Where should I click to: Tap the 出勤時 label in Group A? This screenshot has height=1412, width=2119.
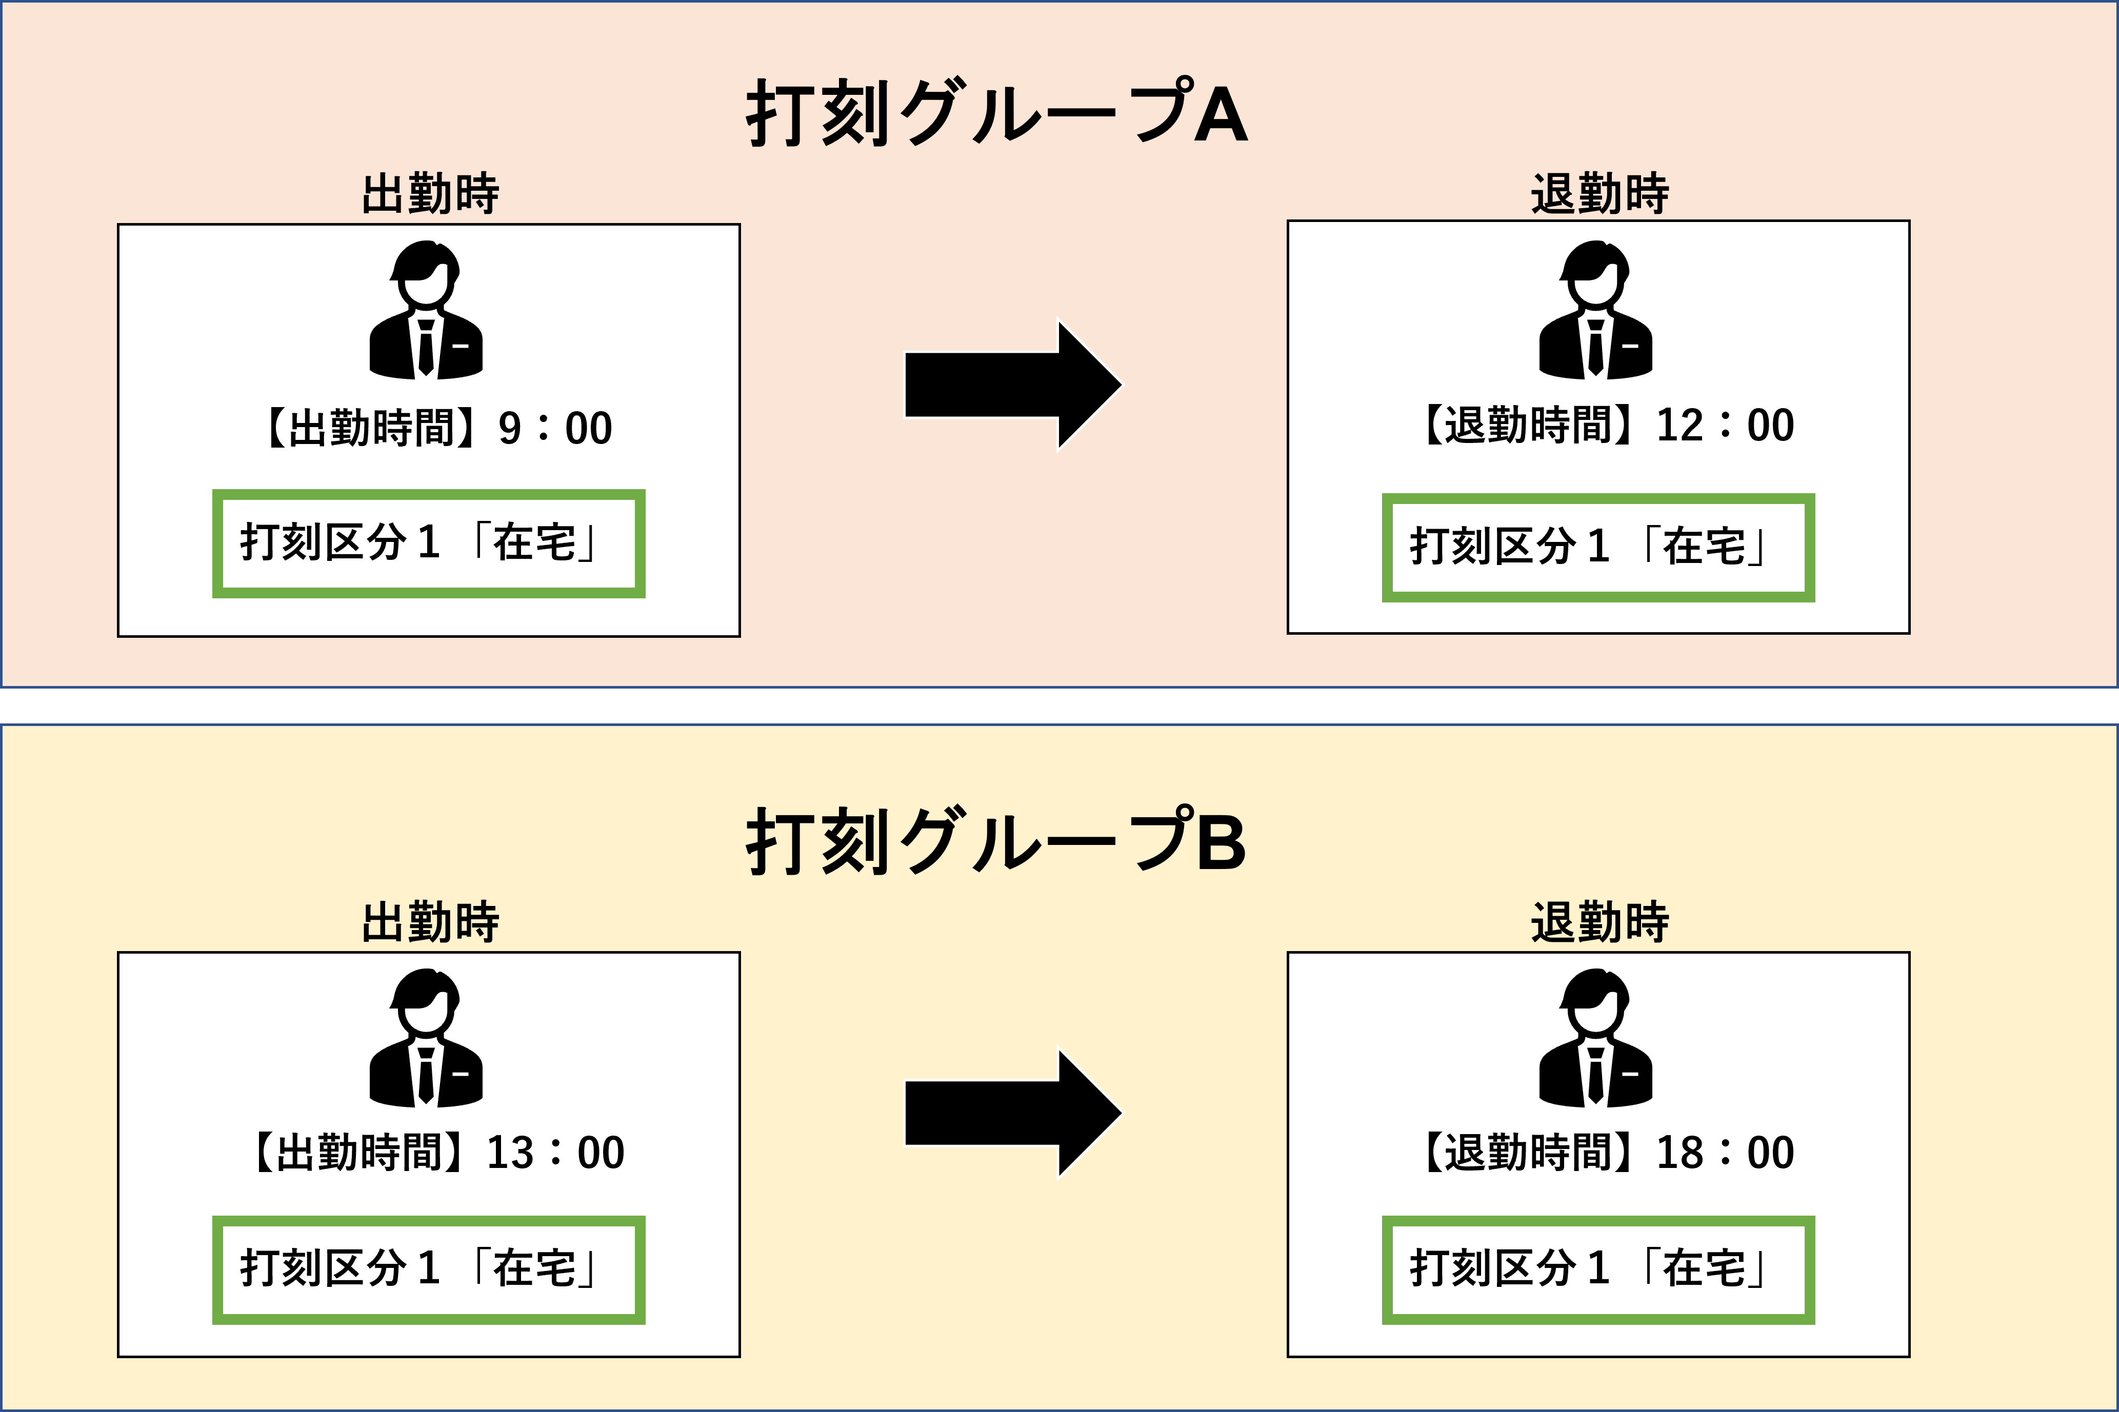point(430,194)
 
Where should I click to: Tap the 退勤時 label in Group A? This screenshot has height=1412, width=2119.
point(1600,194)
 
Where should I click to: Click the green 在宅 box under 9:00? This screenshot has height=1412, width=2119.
point(429,543)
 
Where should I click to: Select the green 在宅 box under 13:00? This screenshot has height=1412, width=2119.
point(429,1269)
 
